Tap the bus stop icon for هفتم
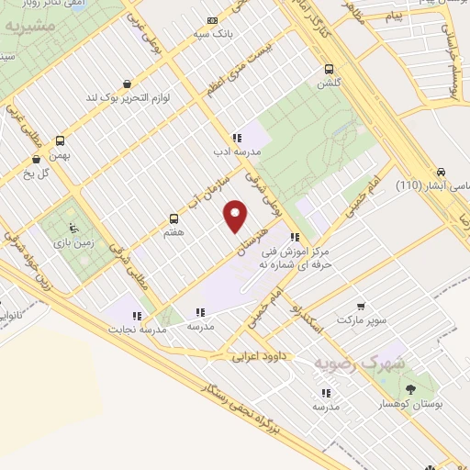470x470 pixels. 173,218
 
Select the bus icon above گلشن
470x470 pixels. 329,68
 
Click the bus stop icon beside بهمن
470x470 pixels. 61,140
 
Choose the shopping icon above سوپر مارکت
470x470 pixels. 360,308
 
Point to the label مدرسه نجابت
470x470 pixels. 136,329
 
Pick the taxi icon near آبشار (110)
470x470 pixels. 442,173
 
